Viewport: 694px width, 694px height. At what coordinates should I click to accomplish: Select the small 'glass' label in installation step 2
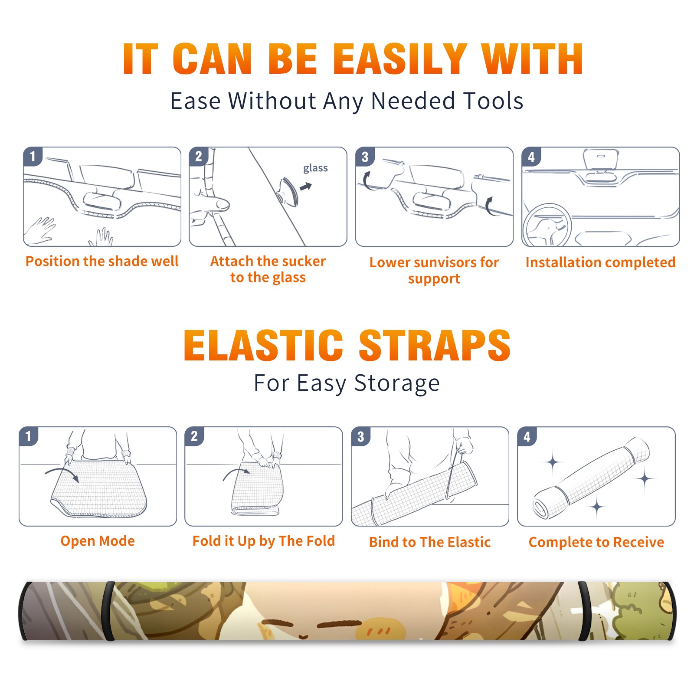coord(315,168)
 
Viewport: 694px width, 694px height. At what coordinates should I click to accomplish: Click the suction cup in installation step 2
coord(288,192)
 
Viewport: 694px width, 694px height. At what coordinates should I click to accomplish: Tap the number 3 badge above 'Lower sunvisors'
coord(365,157)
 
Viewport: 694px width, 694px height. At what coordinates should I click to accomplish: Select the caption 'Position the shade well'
coord(102,261)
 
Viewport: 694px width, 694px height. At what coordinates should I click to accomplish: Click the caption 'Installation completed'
coord(600,262)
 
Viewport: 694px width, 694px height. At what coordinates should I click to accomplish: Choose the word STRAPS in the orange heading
coord(435,345)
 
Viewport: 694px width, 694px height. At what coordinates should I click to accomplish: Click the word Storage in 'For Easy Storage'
coord(397,383)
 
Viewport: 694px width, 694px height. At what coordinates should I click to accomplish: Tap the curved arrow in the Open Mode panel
coord(62,473)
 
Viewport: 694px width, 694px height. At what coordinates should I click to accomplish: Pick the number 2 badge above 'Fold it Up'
coord(194,436)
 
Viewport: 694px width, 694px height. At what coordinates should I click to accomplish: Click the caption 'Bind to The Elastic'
coord(429,542)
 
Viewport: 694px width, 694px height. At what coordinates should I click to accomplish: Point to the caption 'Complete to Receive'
coord(596,542)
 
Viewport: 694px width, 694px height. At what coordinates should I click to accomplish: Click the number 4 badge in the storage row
coord(527,436)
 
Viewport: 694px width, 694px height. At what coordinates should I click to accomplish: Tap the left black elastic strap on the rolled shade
coord(109,611)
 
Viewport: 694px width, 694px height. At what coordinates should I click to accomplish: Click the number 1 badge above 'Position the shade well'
coord(33,156)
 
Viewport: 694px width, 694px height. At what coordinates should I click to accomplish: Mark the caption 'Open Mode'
coord(98,541)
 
